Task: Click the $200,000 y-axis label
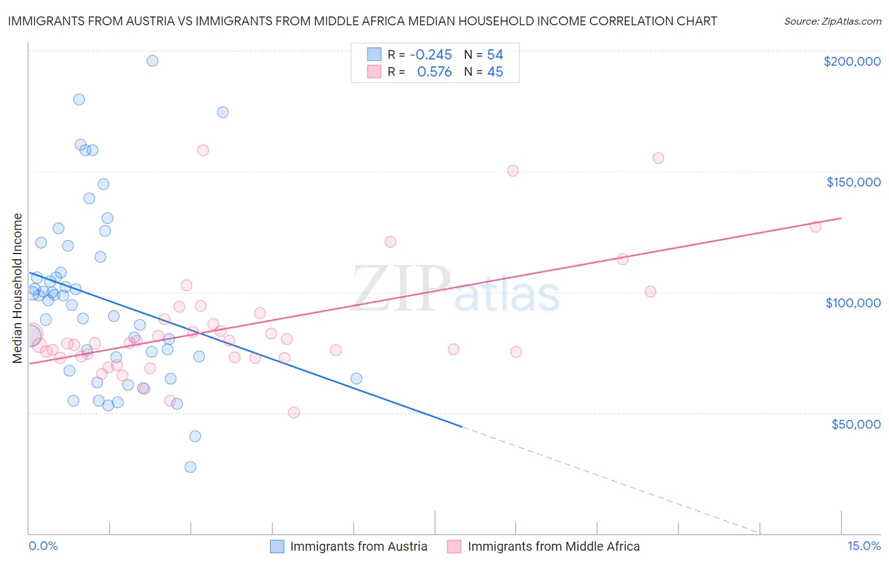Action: [x=852, y=61]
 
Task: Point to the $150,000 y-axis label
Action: [x=853, y=182]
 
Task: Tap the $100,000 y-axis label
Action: [x=853, y=303]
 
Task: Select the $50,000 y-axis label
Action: [x=855, y=424]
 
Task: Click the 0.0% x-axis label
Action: [x=43, y=546]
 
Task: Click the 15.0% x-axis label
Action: [x=864, y=546]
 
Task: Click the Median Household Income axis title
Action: [x=18, y=288]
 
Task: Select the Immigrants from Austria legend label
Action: [x=359, y=546]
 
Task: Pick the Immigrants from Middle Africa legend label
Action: [x=553, y=546]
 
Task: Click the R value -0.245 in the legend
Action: [x=431, y=55]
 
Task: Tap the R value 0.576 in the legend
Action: [x=434, y=72]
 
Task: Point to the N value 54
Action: [x=495, y=55]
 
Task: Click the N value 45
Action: [x=495, y=72]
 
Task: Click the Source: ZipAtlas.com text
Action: [x=832, y=21]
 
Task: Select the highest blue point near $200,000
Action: [x=152, y=61]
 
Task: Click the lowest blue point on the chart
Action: [x=190, y=467]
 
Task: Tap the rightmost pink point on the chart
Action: [x=816, y=226]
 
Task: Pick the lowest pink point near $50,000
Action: [x=294, y=412]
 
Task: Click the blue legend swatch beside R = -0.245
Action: [x=374, y=54]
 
